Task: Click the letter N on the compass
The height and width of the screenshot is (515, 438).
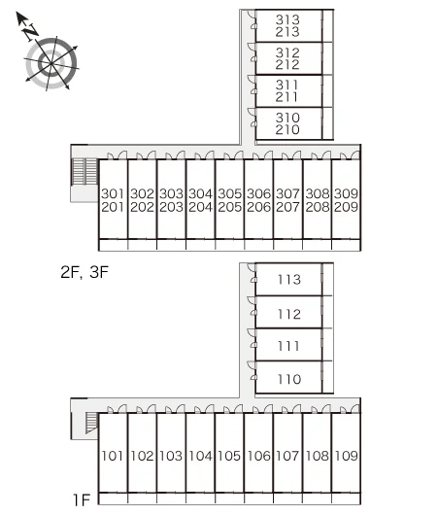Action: click(x=31, y=32)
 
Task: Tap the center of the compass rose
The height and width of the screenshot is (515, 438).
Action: click(x=51, y=62)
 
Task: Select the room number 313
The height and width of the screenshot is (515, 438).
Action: click(x=287, y=19)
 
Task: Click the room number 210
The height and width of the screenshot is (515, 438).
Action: click(x=287, y=129)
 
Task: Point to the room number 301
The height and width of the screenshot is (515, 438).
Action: click(x=113, y=193)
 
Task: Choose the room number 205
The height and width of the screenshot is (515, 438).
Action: click(x=229, y=207)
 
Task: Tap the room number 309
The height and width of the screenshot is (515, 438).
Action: click(x=346, y=193)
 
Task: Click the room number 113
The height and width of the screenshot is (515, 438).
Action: click(x=289, y=280)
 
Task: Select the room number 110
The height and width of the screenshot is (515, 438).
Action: click(x=289, y=379)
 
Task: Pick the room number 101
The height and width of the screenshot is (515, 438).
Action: click(x=113, y=456)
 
